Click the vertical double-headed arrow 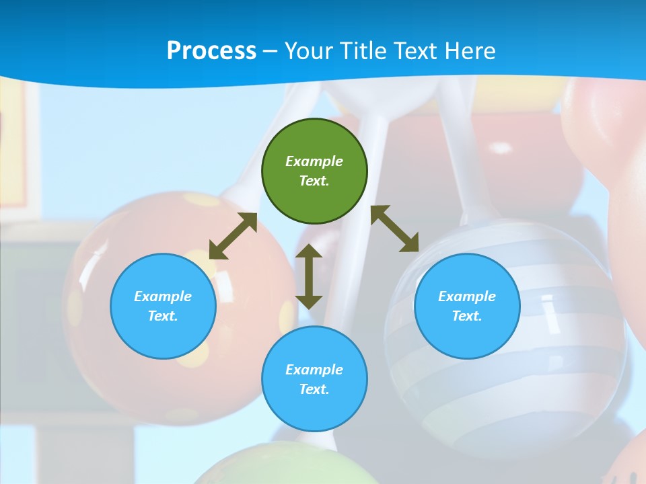tap(309, 276)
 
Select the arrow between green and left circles tap(233, 236)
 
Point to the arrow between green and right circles tap(395, 229)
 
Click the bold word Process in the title tap(211, 50)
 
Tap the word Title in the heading tap(361, 50)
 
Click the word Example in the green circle tap(314, 161)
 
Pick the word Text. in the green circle tap(314, 181)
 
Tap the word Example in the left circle tap(163, 296)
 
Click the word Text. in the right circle tap(467, 316)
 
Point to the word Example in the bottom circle tap(314, 370)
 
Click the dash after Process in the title tap(270, 51)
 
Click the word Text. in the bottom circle tap(314, 389)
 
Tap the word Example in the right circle tap(467, 296)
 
